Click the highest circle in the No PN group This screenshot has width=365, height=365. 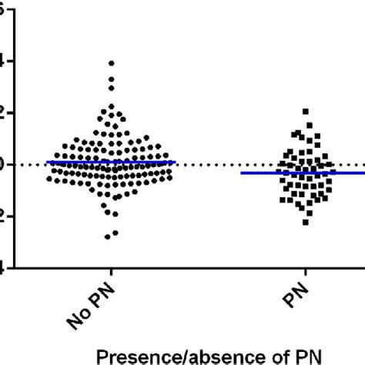[x=112, y=63]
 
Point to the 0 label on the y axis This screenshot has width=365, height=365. [x=4, y=164]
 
